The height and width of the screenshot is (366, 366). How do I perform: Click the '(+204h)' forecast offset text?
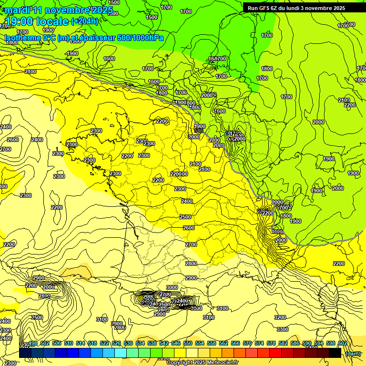pos(85,21)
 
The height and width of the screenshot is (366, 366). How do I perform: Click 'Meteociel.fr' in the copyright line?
pos(222,362)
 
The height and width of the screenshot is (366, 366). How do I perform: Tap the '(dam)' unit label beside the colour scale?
pos(353,354)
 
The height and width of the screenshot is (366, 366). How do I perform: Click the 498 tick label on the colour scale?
pos(33,343)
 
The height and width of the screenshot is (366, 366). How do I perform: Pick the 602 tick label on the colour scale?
pos(342,343)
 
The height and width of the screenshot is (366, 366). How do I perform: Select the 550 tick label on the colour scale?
pos(188,343)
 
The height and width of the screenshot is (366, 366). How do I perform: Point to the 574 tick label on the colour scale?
pos(259,343)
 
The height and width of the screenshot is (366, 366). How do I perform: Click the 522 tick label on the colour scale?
pos(104,343)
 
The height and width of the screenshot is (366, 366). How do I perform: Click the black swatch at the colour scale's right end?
pos(335,353)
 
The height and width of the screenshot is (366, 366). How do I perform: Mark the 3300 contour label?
pos(282,329)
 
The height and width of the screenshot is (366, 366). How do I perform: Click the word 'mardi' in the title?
pos(17,10)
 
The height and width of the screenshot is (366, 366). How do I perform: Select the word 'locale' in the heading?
pos(53,21)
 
